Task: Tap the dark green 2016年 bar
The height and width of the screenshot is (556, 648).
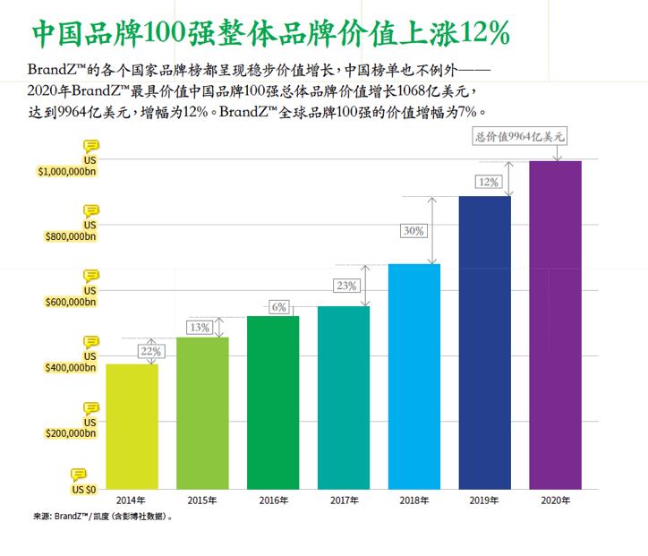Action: coord(273,403)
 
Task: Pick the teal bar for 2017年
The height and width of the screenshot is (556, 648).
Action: coord(344,398)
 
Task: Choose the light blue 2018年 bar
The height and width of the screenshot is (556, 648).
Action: coord(414,377)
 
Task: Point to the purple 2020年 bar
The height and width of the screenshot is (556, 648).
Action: coord(556,326)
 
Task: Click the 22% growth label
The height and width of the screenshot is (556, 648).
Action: coord(151,352)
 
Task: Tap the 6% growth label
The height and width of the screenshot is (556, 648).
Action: coord(280,307)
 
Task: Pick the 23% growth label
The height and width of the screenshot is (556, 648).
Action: coord(345,286)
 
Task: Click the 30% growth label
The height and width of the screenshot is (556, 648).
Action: coord(414,231)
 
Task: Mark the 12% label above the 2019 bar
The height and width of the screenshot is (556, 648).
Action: coord(489,182)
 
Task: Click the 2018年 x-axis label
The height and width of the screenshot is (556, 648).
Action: coord(414,500)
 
